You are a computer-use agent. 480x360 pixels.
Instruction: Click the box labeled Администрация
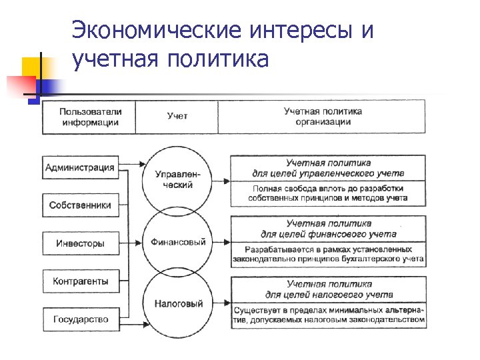80,167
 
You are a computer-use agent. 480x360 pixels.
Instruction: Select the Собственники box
80,205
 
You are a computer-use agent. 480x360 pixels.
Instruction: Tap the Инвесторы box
80,243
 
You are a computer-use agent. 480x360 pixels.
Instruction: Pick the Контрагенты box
80,281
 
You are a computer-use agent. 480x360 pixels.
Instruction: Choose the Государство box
80,319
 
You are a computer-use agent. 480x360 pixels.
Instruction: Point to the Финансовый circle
177,242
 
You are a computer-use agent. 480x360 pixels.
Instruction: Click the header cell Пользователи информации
89,117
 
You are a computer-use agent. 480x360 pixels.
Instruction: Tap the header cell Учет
177,117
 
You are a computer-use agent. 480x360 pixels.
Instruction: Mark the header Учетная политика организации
323,117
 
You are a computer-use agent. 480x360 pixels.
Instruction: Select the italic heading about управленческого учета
328,168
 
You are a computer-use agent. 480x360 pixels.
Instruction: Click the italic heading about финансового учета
328,229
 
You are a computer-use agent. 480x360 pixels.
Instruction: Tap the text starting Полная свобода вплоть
328,193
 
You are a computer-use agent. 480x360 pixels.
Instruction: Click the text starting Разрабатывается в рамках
328,253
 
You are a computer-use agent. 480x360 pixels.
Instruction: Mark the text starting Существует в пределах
328,315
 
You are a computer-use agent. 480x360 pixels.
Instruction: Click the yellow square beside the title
33,67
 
